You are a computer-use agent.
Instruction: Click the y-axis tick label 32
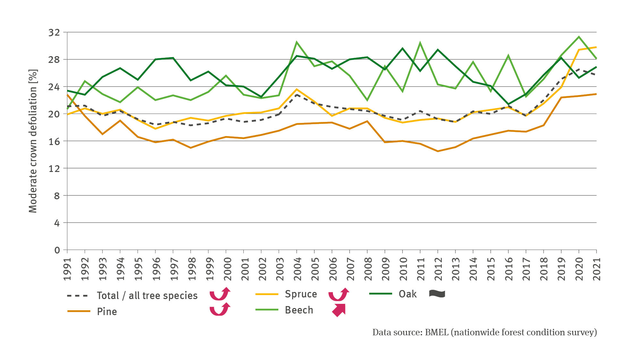pos(54,32)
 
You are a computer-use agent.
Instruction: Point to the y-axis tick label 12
pos(54,168)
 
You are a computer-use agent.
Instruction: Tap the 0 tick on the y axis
pos(57,250)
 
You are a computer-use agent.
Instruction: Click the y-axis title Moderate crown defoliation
pos(33,141)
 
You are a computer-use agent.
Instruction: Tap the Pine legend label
pos(107,312)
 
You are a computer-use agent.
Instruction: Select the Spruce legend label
pos(301,294)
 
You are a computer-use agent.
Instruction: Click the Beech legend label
pos(299,310)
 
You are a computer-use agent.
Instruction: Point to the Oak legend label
pos(408,294)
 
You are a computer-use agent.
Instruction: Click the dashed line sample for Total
pos(77,296)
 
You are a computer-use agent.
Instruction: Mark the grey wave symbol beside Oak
pos(437,294)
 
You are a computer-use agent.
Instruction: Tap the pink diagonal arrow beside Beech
pos(339,310)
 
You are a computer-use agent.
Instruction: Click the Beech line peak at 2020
pos(579,37)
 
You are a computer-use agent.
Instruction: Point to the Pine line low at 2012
pos(438,151)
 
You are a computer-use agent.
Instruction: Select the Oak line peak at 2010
pos(402,48)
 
